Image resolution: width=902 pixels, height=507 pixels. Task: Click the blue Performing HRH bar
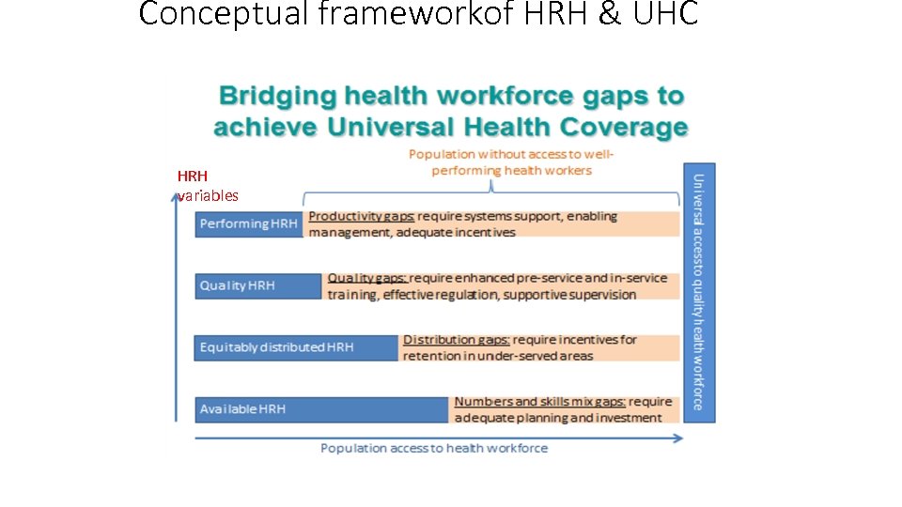coord(248,223)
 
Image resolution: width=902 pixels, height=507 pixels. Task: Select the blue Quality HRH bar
coord(257,285)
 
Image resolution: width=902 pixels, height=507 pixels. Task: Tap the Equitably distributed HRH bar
coord(296,347)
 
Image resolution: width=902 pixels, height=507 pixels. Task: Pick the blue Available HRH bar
coord(319,409)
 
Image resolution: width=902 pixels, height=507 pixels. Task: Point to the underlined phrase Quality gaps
coord(366,279)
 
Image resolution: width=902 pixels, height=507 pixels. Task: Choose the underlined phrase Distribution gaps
coord(457,340)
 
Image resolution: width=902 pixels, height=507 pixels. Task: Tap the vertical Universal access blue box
coord(698,291)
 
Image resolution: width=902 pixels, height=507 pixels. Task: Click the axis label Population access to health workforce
coord(434,449)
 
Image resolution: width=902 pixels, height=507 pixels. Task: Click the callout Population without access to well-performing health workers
coord(511,162)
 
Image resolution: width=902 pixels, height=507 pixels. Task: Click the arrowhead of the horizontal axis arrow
coord(678,437)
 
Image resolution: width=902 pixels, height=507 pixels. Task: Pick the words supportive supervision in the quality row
coord(569,295)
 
